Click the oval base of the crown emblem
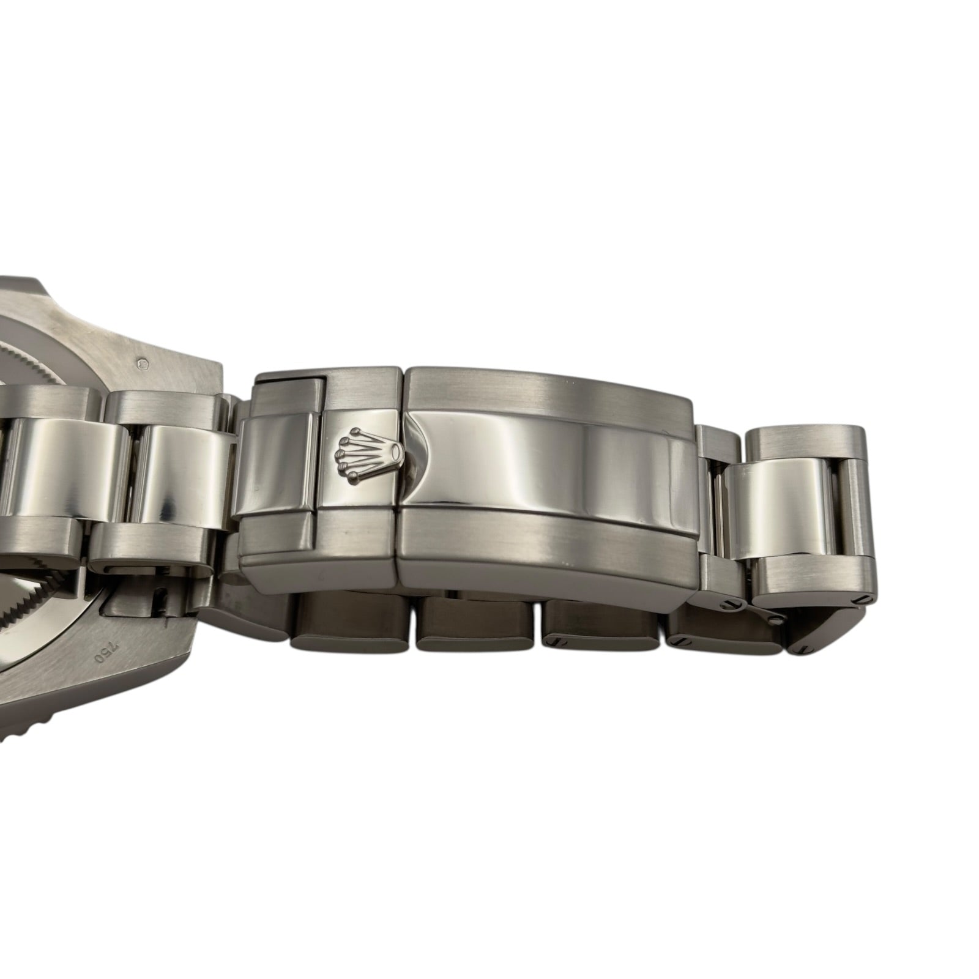[x=396, y=453]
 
